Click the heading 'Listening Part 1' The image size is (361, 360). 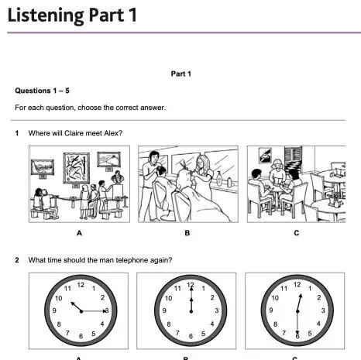pyautogui.click(x=72, y=15)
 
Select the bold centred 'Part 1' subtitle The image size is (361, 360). pyautogui.click(x=180, y=74)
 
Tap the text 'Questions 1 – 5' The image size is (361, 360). pyautogui.click(x=42, y=91)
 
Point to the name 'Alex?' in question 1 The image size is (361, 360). pyautogui.click(x=113, y=133)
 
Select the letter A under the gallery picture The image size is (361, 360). pyautogui.click(x=79, y=233)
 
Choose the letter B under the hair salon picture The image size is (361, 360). pyautogui.click(x=187, y=233)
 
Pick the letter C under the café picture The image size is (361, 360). pyautogui.click(x=297, y=233)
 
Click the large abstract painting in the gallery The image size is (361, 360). pyautogui.click(x=77, y=168)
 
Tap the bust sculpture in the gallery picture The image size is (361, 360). pyautogui.click(x=118, y=177)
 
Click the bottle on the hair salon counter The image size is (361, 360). pyautogui.click(x=219, y=178)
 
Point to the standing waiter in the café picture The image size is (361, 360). pyautogui.click(x=277, y=172)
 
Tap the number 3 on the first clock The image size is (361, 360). pyautogui.click(x=107, y=310)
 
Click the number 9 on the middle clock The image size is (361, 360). pyautogui.click(x=164, y=310)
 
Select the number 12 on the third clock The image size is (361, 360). pyautogui.click(x=297, y=285)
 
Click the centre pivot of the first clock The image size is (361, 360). pyautogui.click(x=81, y=311)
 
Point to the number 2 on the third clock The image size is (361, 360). pyautogui.click(x=319, y=297)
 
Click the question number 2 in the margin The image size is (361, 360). pyautogui.click(x=17, y=260)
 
